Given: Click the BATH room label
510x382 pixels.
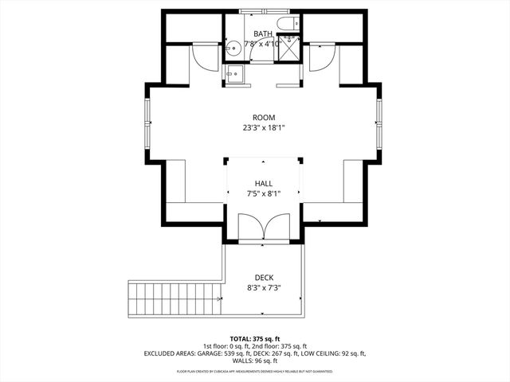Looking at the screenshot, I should point(263,33).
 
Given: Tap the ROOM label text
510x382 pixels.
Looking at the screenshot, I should point(263,117).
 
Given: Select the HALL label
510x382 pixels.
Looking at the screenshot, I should point(263,184).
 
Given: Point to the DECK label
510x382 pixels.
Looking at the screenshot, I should point(263,278).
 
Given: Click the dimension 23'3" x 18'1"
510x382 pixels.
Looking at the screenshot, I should point(263,127).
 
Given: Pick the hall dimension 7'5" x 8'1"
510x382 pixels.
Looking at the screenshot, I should point(263,193).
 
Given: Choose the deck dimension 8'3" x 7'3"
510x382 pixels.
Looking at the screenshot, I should point(263,287).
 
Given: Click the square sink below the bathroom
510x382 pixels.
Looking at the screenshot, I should point(234,75).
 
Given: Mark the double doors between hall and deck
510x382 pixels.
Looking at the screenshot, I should point(263,228).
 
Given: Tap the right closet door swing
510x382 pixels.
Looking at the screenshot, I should point(323,57).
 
